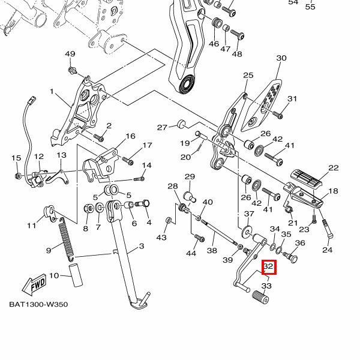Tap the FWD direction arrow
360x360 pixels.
click(34, 283)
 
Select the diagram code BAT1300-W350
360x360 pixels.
click(38, 304)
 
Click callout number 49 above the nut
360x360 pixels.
click(70, 55)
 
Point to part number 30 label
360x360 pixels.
click(281, 58)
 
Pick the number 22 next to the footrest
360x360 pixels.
click(333, 168)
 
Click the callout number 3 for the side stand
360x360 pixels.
click(141, 247)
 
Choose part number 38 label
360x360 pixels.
click(211, 251)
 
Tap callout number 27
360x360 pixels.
click(162, 127)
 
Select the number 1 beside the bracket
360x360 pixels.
click(52, 92)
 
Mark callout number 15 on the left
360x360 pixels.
click(16, 158)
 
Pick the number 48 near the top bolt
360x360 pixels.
click(237, 54)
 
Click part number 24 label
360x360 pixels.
click(327, 250)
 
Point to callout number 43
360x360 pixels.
click(161, 238)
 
